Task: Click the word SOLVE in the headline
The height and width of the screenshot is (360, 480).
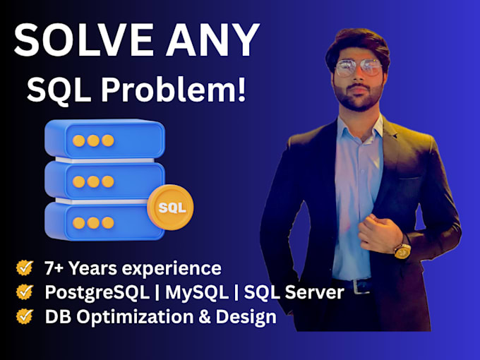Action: point(83,40)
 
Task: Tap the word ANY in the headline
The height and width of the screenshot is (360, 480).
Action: point(213,40)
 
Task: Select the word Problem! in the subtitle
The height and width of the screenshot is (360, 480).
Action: point(174,89)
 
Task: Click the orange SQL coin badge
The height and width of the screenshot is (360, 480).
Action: point(170,208)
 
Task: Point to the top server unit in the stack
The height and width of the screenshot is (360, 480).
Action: point(104,139)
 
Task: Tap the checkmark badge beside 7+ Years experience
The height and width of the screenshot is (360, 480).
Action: point(25,268)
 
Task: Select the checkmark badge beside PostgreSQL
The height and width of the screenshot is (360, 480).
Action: point(25,292)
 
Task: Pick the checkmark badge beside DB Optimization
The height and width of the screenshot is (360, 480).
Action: point(25,316)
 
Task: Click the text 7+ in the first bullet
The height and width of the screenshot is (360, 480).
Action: point(54,268)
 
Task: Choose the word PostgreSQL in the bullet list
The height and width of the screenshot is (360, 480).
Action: point(97,293)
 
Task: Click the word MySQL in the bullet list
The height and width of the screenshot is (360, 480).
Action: point(197,293)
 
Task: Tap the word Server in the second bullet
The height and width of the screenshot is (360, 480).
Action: point(315,292)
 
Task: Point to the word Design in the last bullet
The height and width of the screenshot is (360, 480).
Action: point(246,317)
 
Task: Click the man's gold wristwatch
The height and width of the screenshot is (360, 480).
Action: point(402,251)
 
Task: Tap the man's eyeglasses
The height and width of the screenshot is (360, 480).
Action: point(359,67)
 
